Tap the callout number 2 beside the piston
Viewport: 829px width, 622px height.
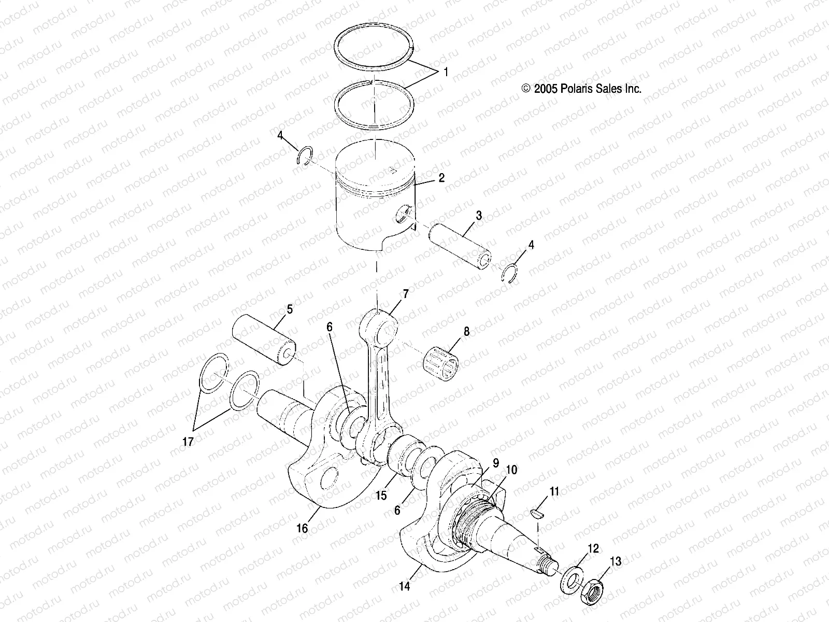441,178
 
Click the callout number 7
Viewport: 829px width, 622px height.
406,294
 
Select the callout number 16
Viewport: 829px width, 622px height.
302,528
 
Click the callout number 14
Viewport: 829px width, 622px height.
405,586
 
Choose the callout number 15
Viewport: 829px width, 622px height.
381,496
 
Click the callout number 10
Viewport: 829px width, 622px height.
511,470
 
